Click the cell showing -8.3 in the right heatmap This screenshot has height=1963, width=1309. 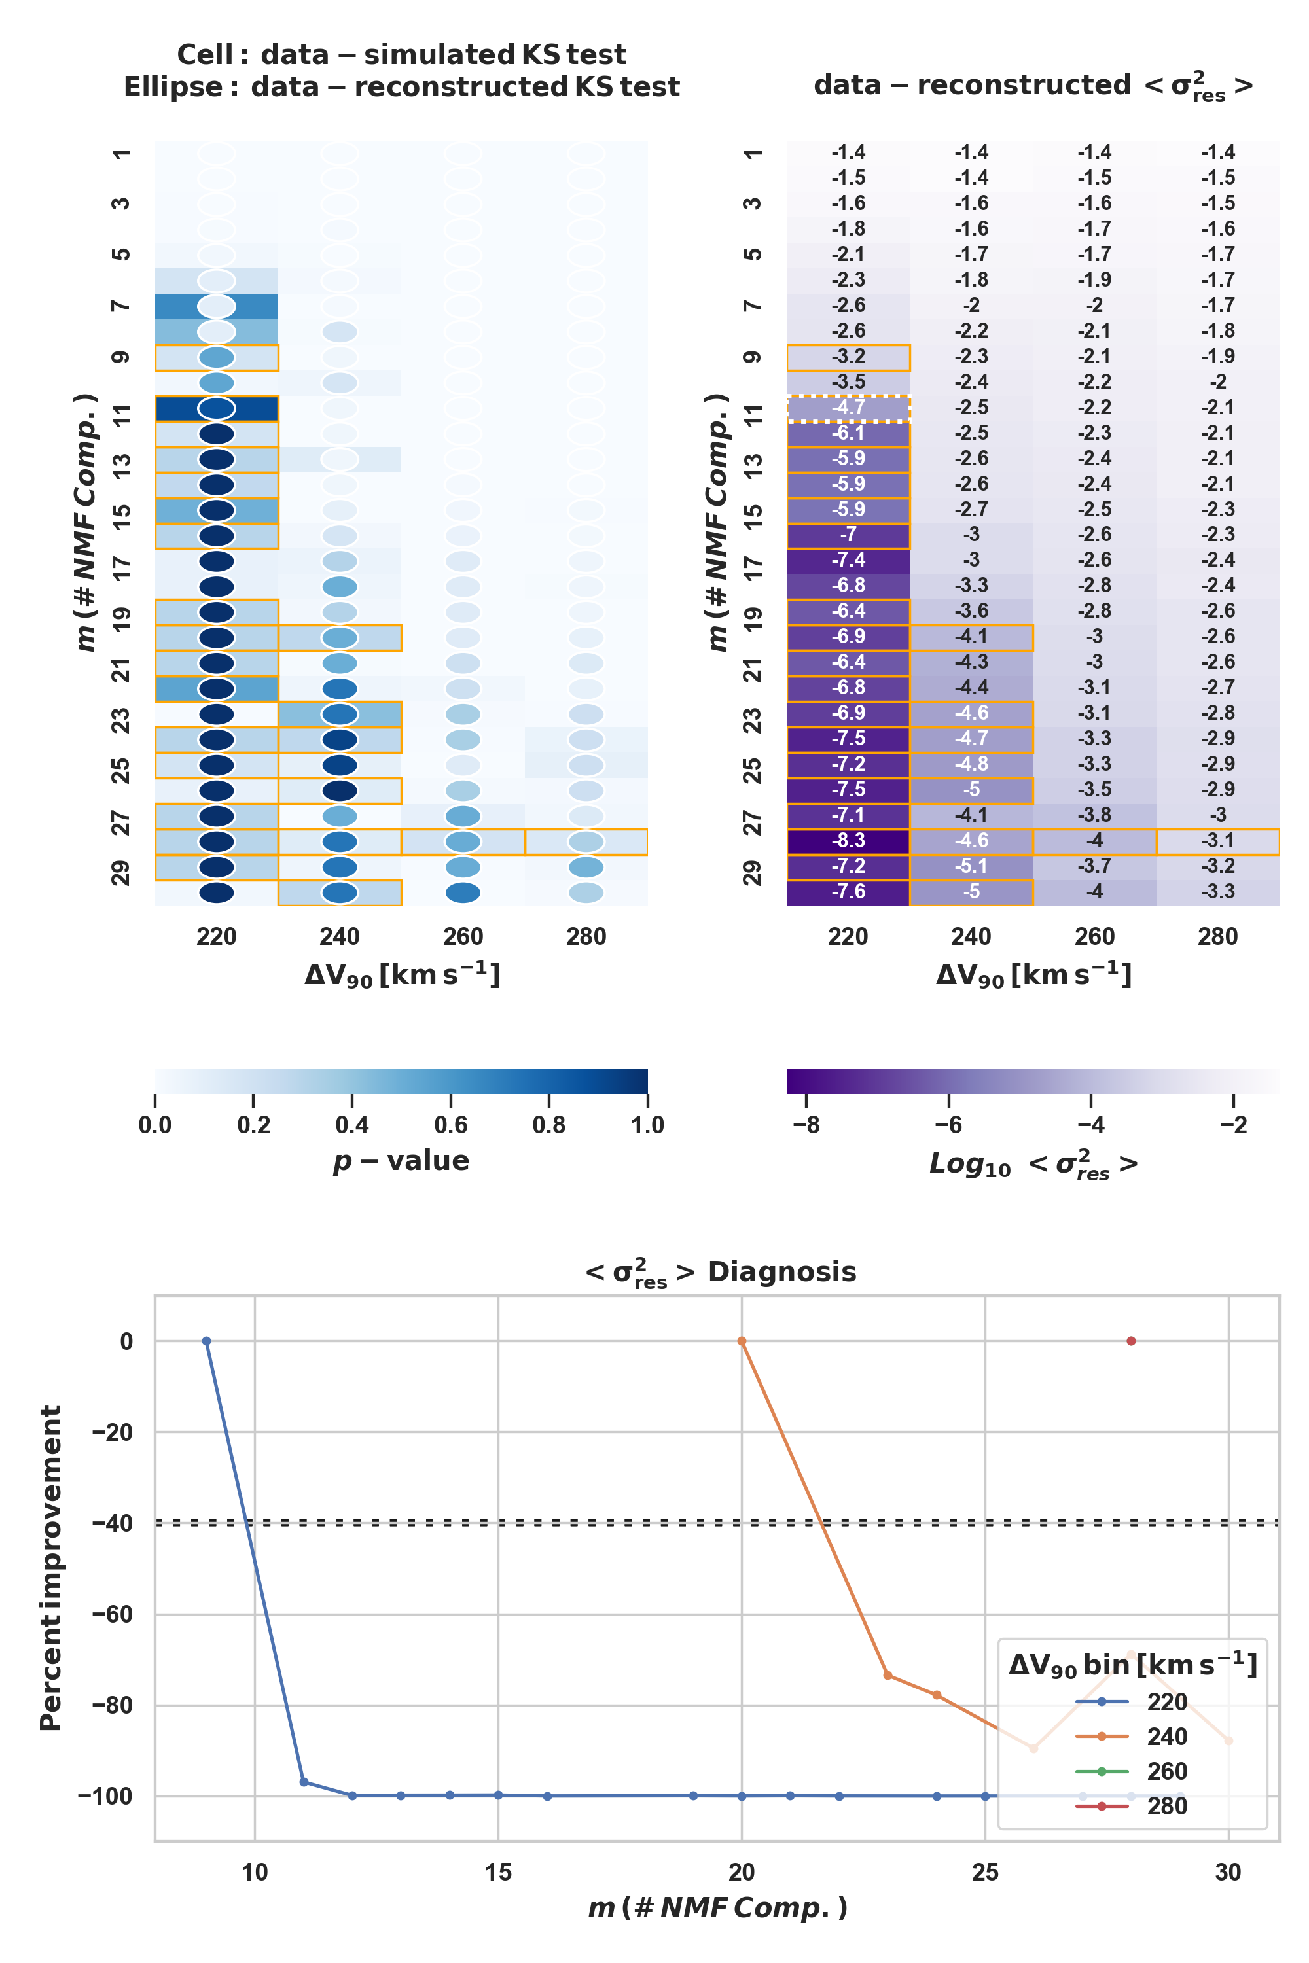tap(848, 840)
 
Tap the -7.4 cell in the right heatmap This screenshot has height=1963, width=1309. tap(848, 560)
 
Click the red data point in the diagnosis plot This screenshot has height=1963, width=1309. tap(1131, 1341)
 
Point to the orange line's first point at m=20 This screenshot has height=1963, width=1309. tap(742, 1341)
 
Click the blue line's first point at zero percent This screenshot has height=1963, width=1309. tap(206, 1341)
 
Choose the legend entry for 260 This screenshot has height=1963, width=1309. tap(1166, 1771)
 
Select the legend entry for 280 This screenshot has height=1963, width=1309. tap(1166, 1806)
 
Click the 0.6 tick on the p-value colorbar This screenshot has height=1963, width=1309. tap(451, 1125)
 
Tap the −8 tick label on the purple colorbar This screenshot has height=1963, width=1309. tap(806, 1125)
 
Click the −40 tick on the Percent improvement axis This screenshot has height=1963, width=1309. tap(112, 1523)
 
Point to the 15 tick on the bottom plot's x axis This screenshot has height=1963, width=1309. tap(498, 1872)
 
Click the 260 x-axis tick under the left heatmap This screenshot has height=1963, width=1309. tap(463, 936)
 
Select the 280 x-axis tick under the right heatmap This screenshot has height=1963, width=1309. tap(1217, 936)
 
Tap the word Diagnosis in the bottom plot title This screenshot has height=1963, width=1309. tap(781, 1272)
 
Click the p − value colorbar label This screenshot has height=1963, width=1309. tap(401, 1161)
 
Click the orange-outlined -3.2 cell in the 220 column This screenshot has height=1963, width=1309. tap(848, 357)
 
